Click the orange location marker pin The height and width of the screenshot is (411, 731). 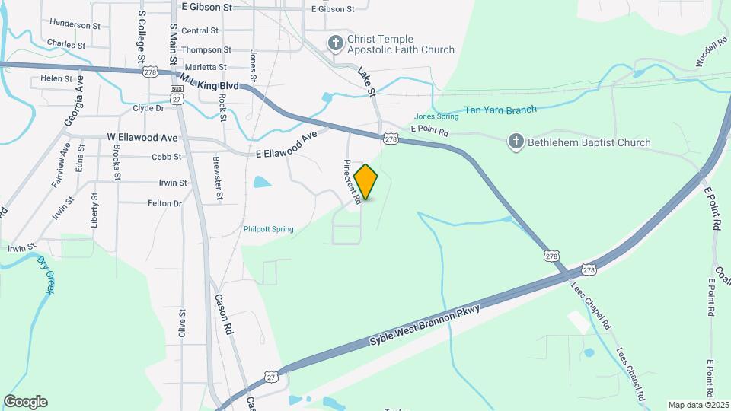(366, 182)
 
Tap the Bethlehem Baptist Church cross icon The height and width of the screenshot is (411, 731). (516, 142)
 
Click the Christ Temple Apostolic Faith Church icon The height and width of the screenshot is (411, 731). (335, 44)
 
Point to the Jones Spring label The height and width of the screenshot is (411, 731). (436, 116)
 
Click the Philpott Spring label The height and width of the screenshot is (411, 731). (268, 228)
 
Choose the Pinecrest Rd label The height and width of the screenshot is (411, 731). (352, 182)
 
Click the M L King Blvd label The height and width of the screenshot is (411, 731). (210, 79)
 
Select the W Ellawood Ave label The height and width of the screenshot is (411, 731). (142, 138)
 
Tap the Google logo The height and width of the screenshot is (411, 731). (25, 402)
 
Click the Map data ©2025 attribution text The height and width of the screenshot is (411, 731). (697, 405)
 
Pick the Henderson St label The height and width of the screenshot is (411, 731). (75, 25)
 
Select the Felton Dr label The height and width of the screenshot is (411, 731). (164, 203)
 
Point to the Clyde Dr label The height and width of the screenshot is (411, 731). (148, 108)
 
